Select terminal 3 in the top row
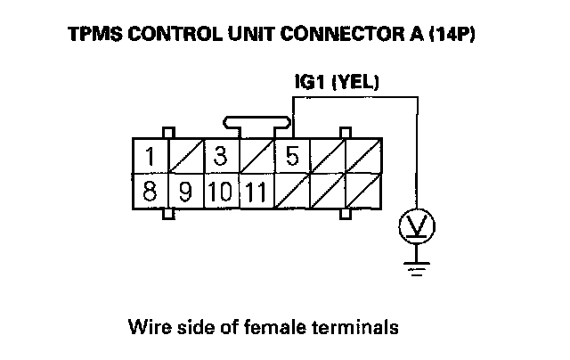(221, 156)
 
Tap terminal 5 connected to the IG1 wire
(292, 156)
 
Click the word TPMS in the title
(93, 38)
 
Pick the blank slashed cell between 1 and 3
(185, 156)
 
